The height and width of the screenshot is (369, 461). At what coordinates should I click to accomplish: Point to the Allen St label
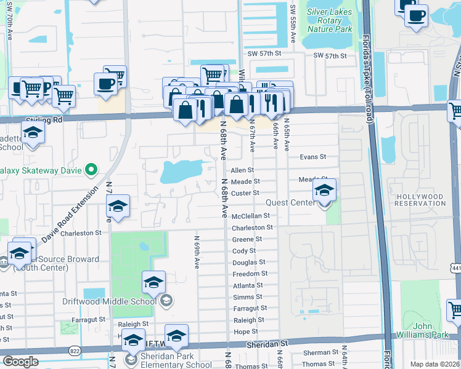tap(242, 170)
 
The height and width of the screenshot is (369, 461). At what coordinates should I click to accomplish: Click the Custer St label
tap(244, 193)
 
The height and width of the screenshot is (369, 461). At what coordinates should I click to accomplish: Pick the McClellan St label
tap(250, 216)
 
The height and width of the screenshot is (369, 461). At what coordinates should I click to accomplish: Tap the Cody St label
tap(243, 251)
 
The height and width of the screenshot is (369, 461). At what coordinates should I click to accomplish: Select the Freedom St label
tap(249, 274)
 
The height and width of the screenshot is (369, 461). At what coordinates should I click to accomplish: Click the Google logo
tap(20, 361)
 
